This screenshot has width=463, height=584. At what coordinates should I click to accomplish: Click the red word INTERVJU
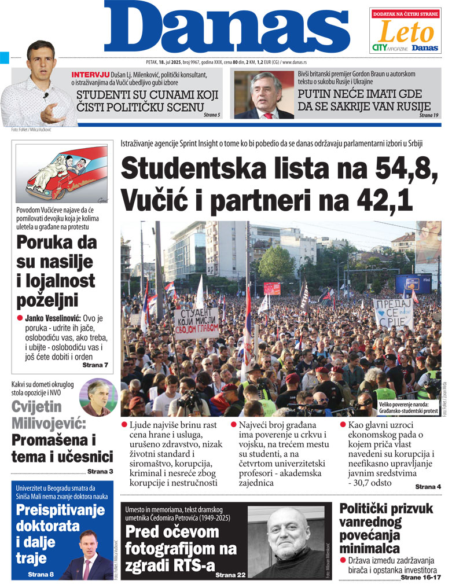tap(89, 75)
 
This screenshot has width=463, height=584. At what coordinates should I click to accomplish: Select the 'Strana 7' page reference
tap(95, 365)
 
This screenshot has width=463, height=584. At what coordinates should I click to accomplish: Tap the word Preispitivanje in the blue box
tap(60, 510)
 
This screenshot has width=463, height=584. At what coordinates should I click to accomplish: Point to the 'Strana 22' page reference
tap(231, 575)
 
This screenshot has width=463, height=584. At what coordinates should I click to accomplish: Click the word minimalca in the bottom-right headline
tap(369, 548)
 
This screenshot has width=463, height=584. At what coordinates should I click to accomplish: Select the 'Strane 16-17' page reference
tap(421, 577)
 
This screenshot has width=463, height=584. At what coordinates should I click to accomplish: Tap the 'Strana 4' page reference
tap(428, 487)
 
